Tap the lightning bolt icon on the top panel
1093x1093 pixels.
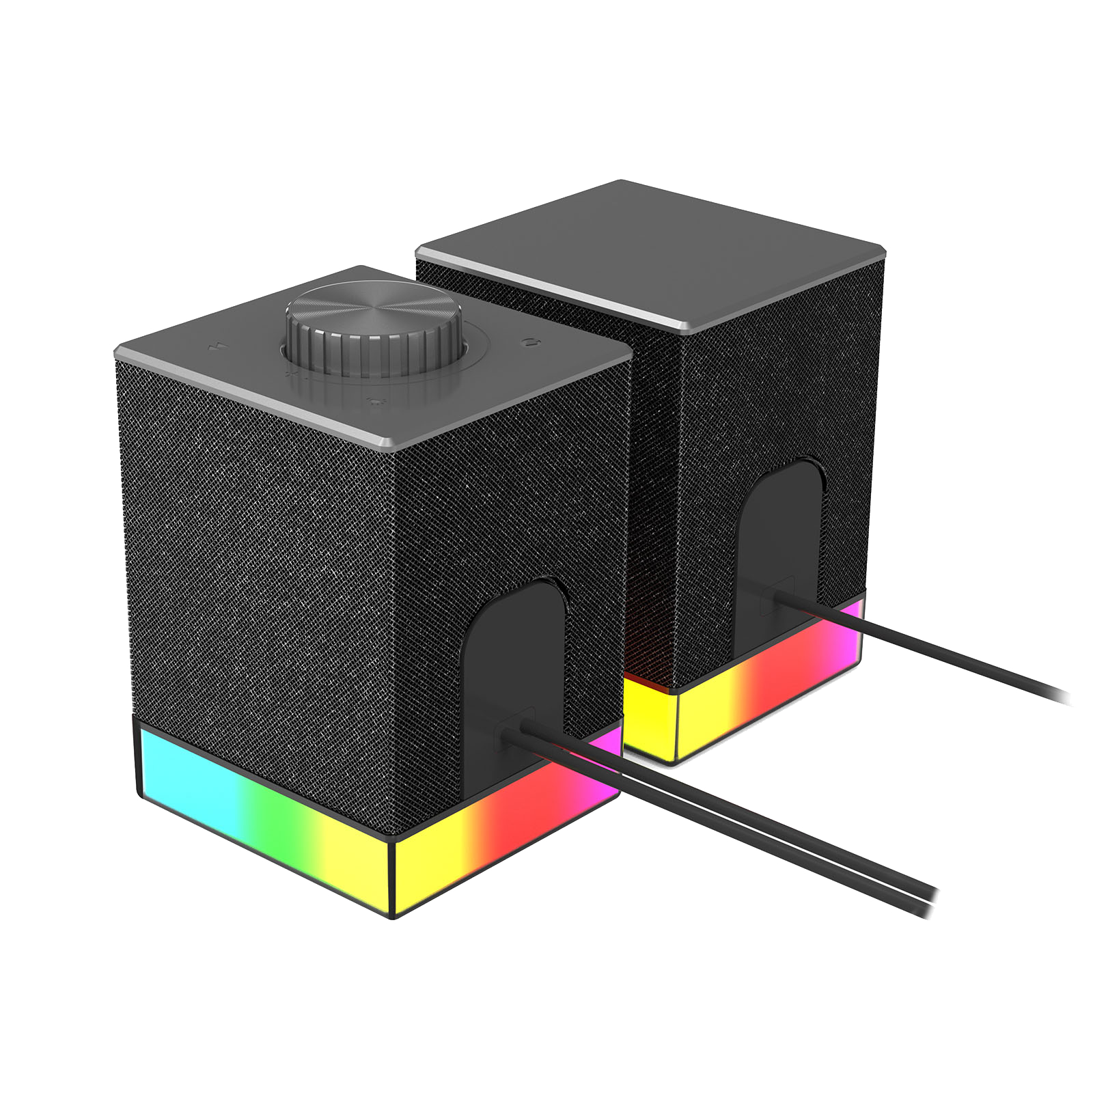tap(218, 346)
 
